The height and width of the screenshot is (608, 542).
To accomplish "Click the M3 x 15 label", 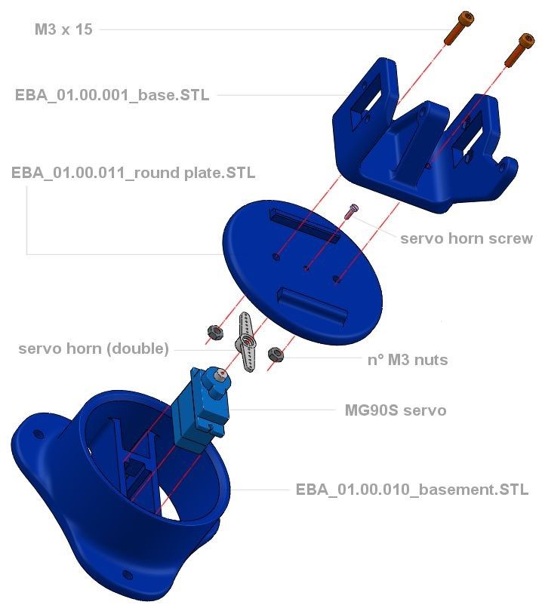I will [x=63, y=30].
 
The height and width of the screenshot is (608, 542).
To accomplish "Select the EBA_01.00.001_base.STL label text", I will [x=112, y=95].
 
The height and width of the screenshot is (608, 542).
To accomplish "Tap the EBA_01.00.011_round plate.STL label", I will [x=133, y=173].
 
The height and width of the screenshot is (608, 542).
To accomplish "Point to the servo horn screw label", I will [x=466, y=238].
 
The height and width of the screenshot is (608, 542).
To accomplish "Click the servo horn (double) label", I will [x=94, y=349].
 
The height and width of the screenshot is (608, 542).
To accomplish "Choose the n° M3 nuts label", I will [x=407, y=360].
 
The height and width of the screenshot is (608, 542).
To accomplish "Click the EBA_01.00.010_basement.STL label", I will [x=411, y=490].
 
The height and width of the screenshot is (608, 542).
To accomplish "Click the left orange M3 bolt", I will [x=455, y=28].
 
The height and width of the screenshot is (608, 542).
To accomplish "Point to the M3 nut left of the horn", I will [x=214, y=331].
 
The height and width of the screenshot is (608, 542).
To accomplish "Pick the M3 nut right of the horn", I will [x=276, y=354].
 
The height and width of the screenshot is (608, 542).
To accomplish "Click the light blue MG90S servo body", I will [x=193, y=411].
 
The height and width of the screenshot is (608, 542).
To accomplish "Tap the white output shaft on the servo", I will [x=218, y=373].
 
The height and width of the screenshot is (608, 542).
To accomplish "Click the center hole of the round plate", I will [x=306, y=266].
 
